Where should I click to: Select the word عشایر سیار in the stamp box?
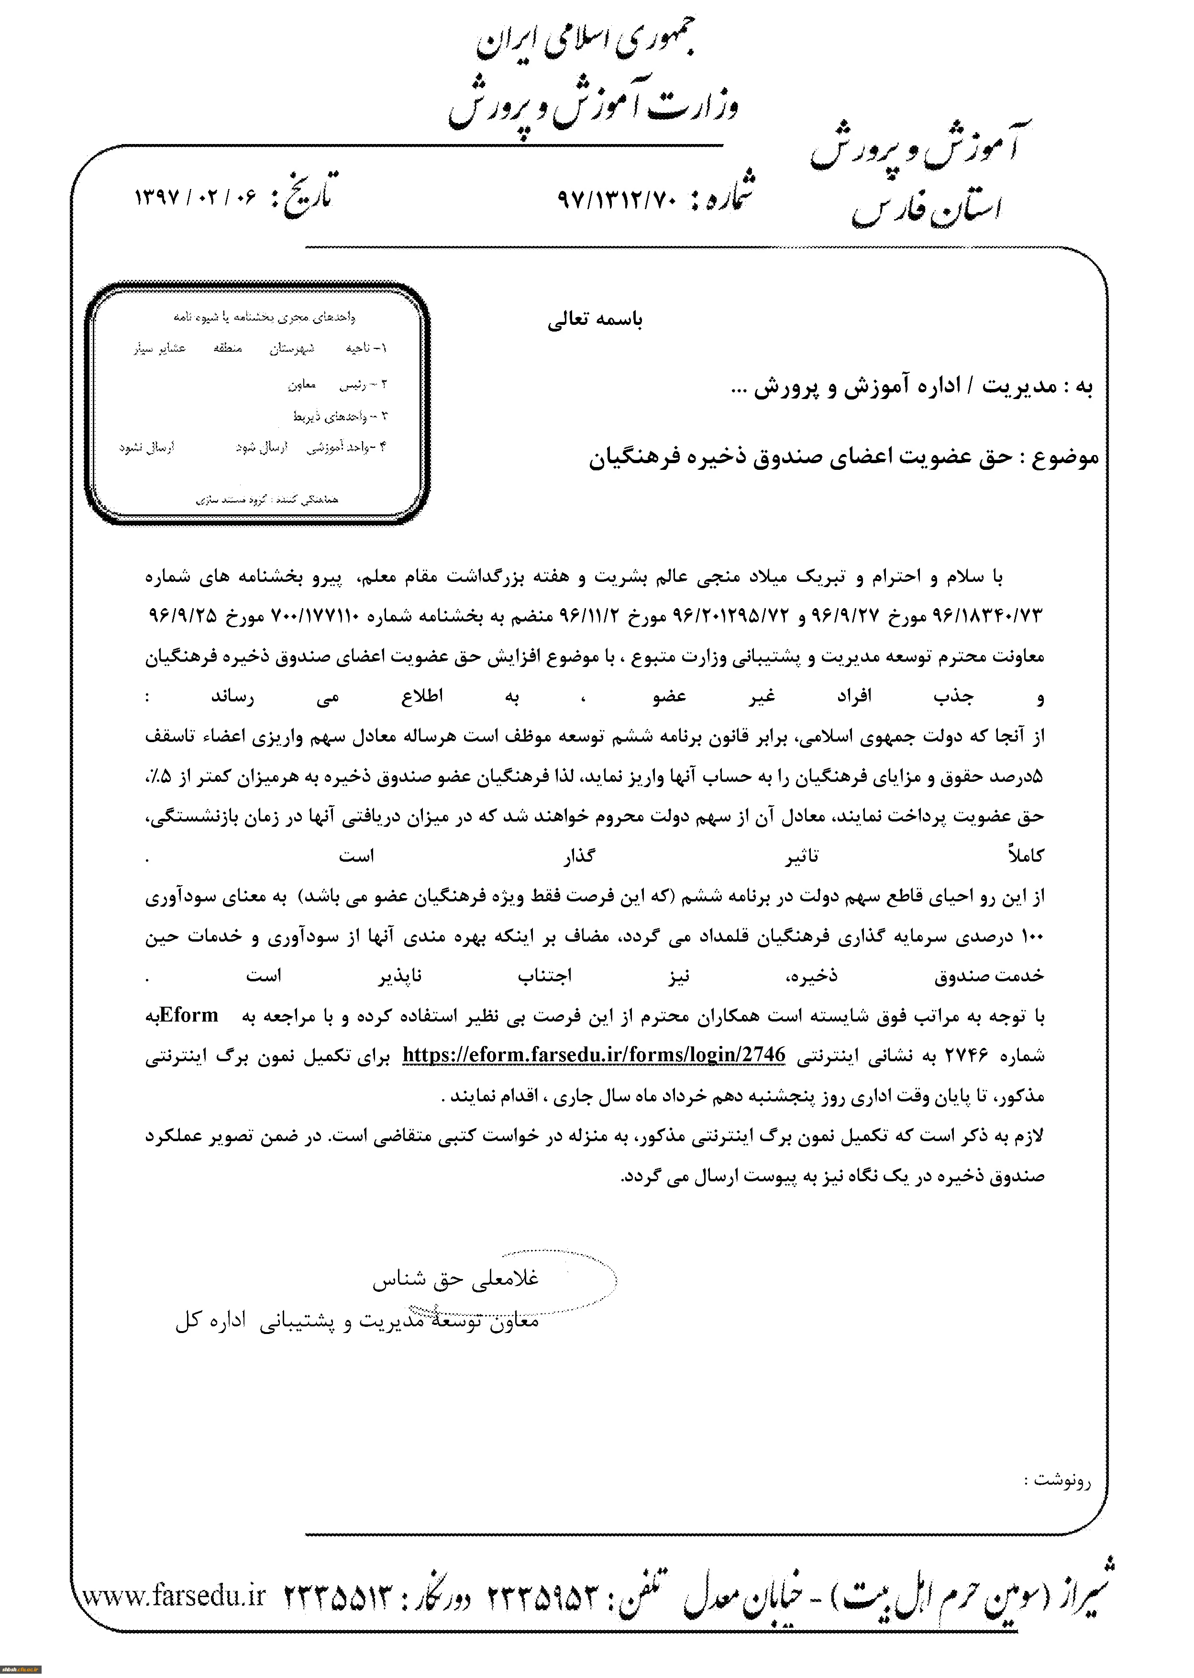pyautogui.click(x=160, y=348)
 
